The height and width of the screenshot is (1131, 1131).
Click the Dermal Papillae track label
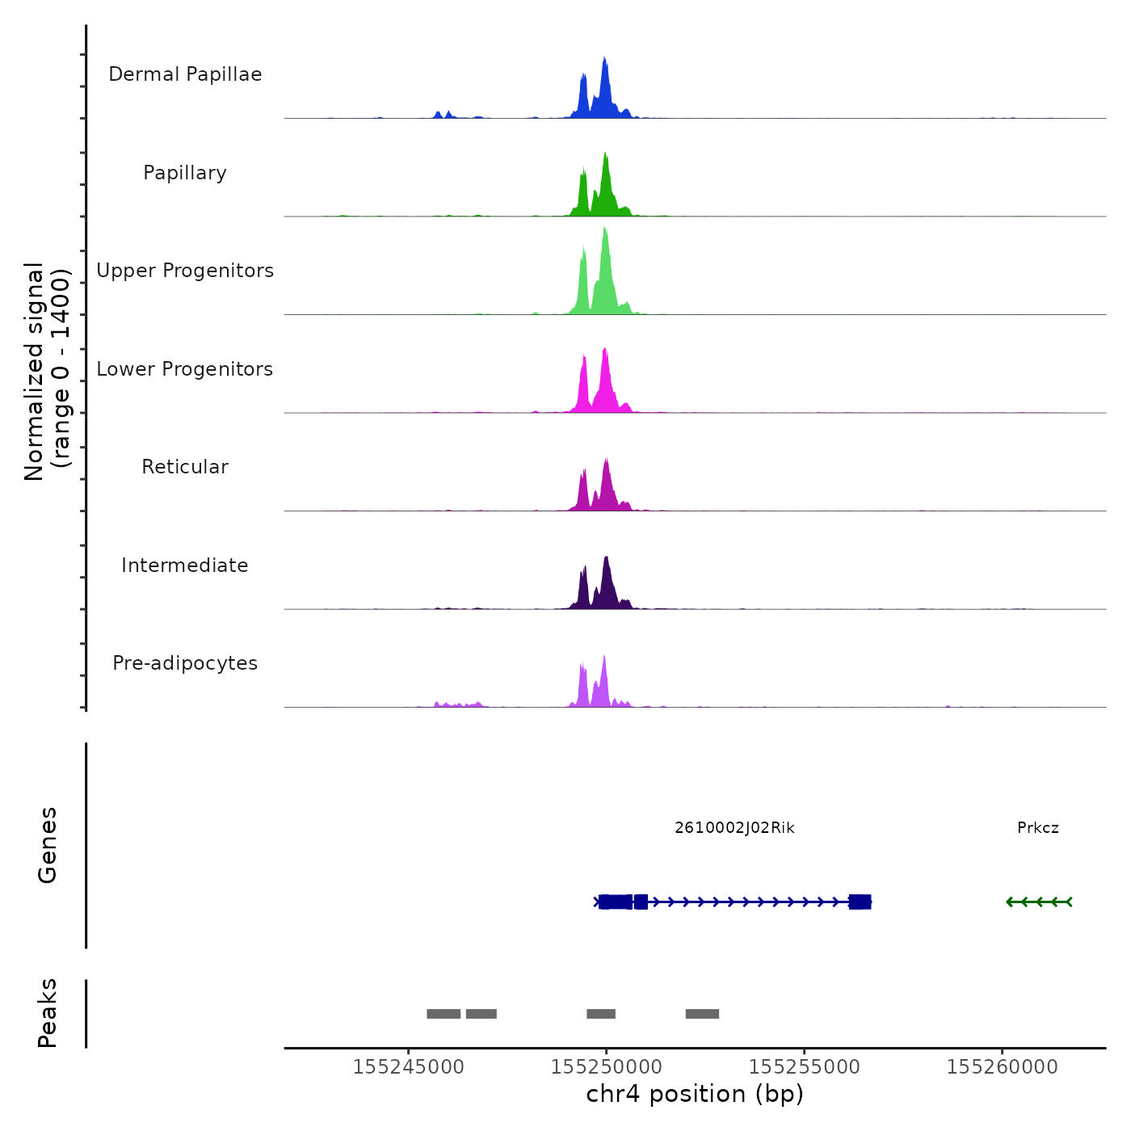tap(185, 74)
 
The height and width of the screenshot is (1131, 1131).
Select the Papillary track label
tap(185, 173)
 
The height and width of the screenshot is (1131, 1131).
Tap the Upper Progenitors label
tap(185, 271)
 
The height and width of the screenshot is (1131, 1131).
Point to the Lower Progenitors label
tap(185, 369)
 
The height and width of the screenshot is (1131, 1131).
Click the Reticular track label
tap(185, 467)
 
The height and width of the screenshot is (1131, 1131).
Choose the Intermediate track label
tap(185, 565)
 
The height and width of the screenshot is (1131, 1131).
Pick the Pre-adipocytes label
tap(185, 663)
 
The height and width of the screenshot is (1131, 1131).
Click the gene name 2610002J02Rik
tap(734, 828)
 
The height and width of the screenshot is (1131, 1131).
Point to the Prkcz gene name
tap(1038, 828)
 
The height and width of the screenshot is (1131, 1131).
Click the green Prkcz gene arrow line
tap(1039, 902)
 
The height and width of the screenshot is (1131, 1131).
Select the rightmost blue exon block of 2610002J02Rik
tap(860, 902)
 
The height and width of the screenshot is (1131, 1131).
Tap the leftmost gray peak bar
tap(444, 1014)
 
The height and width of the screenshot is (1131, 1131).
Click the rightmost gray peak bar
tap(702, 1014)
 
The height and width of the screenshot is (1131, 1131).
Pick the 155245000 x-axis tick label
tap(409, 1067)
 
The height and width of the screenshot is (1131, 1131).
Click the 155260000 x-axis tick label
tap(1003, 1067)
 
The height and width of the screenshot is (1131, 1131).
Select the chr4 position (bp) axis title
tap(695, 1095)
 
